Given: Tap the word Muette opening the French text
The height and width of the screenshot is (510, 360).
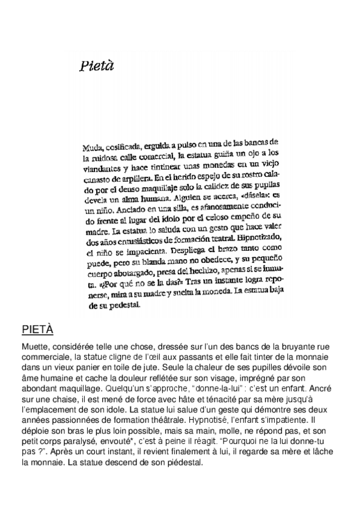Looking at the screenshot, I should pos(35,347).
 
